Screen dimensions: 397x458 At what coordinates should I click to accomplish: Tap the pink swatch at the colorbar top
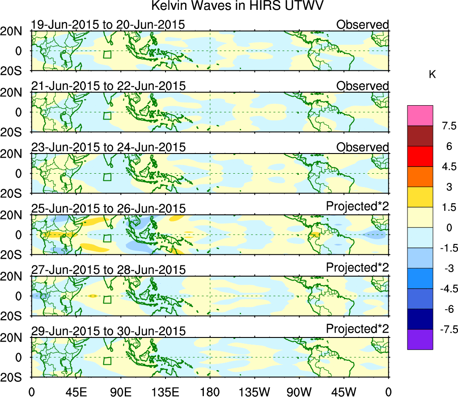pyautogui.click(x=420, y=115)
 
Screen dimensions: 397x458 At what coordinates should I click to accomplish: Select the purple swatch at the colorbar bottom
pyautogui.click(x=420, y=339)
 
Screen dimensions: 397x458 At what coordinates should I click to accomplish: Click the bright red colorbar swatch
pyautogui.click(x=420, y=156)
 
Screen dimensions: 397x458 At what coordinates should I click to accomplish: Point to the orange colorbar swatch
pyautogui.click(x=420, y=177)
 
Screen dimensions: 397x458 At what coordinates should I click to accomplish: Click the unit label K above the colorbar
pyautogui.click(x=432, y=75)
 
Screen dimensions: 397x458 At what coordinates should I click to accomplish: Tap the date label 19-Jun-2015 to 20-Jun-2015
pyautogui.click(x=108, y=25)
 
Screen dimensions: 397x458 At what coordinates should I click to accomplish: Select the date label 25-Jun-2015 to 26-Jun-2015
pyautogui.click(x=108, y=209)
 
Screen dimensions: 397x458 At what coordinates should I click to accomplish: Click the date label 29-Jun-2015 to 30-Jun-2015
pyautogui.click(x=108, y=331)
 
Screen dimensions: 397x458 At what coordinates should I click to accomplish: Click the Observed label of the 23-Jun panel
pyautogui.click(x=362, y=147)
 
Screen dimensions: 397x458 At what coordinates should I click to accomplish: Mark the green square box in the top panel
pyautogui.click(x=107, y=55)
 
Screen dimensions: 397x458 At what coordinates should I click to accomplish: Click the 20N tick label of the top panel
pyautogui.click(x=13, y=31)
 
